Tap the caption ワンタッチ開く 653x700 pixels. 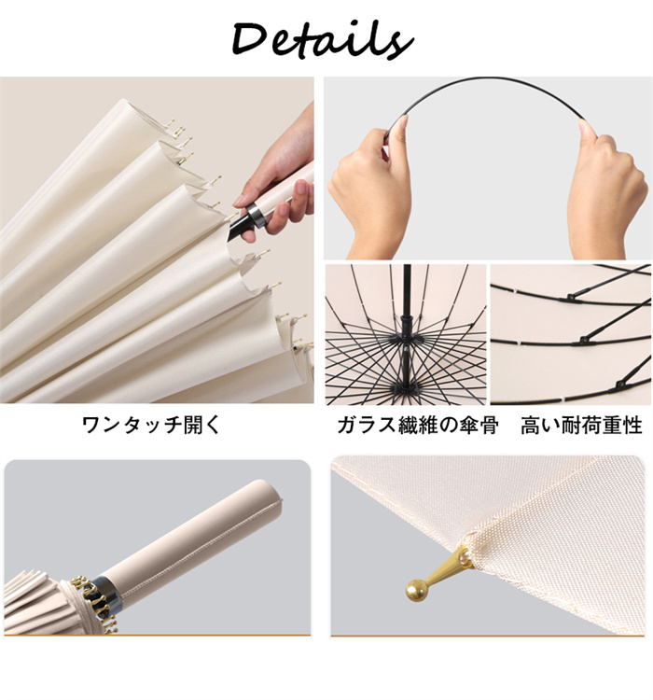pos(152,425)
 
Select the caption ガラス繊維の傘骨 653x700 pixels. pos(418,425)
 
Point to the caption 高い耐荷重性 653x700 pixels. pos(581,425)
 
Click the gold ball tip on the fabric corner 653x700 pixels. pos(414,591)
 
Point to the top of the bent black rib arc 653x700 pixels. pos(485,79)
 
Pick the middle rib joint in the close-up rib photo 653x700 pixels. pos(585,341)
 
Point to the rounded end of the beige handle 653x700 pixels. pos(270,491)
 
